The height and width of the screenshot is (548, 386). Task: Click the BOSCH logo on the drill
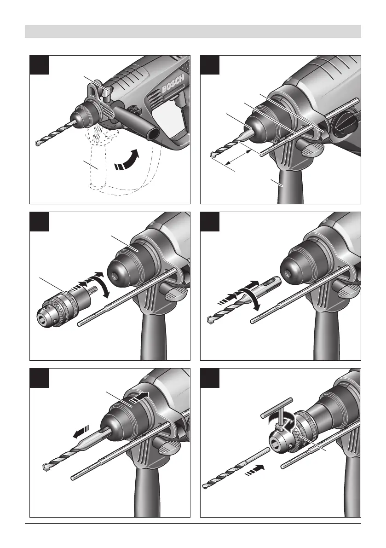pyautogui.click(x=173, y=85)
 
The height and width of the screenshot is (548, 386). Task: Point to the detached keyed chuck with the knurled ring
pyautogui.click(x=59, y=305)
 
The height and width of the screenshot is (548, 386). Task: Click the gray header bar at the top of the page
pyautogui.click(x=193, y=31)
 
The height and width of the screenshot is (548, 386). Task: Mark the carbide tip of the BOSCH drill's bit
pyautogui.click(x=37, y=143)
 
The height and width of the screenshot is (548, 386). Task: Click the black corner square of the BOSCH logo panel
pyautogui.click(x=39, y=65)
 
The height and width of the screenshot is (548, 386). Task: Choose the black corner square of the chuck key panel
pyautogui.click(x=210, y=378)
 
